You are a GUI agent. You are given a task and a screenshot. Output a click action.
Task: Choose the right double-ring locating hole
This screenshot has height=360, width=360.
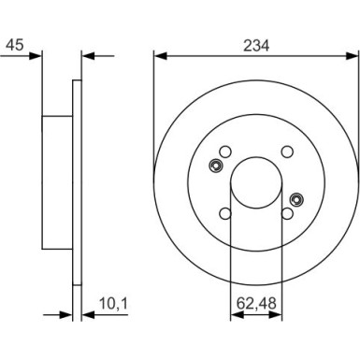click(x=297, y=197)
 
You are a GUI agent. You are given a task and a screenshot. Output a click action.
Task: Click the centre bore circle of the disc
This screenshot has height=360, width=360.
click(x=254, y=181)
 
